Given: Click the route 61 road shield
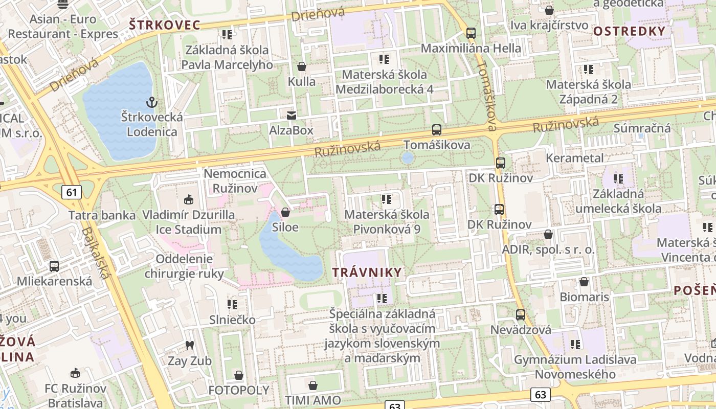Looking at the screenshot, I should [x=71, y=192].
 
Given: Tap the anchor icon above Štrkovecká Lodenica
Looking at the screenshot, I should [x=151, y=102].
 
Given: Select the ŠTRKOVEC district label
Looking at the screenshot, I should [x=164, y=25].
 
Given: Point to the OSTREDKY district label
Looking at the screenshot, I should [x=629, y=31].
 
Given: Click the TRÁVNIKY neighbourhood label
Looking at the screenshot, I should [x=367, y=272].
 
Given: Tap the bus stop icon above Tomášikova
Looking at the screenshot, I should [x=436, y=130].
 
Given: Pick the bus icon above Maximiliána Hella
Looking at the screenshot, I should [x=471, y=33].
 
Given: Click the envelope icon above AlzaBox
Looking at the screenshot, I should [x=292, y=116].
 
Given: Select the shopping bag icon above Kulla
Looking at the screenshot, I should [x=302, y=66].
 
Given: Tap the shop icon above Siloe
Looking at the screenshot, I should [x=285, y=212].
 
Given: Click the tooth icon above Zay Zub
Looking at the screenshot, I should [x=189, y=345].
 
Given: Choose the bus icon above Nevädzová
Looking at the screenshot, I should [x=520, y=315].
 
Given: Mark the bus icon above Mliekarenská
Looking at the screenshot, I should [x=54, y=266].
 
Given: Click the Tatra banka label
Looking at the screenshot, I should [x=102, y=215].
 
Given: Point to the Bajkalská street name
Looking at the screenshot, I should [x=96, y=253].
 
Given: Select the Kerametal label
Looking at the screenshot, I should [x=575, y=158].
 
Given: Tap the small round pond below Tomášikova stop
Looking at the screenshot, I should [x=408, y=157].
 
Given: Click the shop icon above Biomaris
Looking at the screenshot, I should [x=584, y=282].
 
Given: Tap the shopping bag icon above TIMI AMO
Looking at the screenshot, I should [x=313, y=385].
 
